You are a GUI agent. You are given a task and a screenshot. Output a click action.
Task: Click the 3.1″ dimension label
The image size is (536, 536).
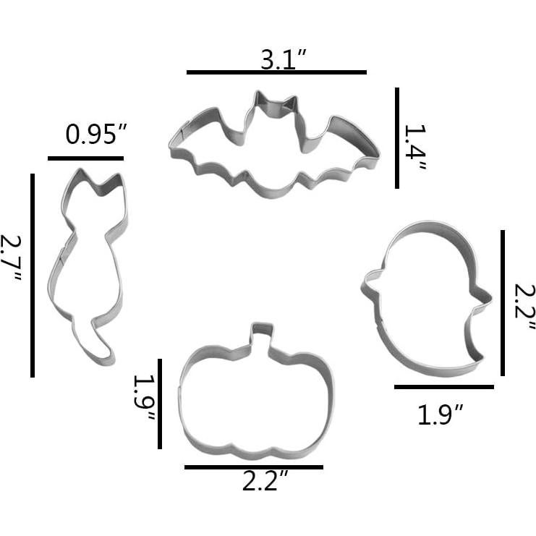(283, 59)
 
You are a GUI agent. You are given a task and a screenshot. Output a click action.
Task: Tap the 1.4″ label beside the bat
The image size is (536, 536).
(415, 148)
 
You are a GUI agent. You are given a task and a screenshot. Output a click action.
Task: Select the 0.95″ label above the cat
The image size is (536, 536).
(96, 135)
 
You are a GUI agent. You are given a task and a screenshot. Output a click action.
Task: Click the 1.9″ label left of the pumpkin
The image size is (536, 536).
(145, 398)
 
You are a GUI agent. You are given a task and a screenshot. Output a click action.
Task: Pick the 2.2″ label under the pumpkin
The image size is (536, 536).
(265, 481)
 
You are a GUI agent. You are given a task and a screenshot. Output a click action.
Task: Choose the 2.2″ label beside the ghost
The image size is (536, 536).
(524, 307)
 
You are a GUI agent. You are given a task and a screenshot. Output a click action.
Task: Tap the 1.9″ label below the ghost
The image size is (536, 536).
(441, 414)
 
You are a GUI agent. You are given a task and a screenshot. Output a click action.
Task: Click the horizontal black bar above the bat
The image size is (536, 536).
(276, 72)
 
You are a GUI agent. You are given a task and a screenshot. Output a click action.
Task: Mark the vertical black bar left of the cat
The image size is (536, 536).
(33, 276)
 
